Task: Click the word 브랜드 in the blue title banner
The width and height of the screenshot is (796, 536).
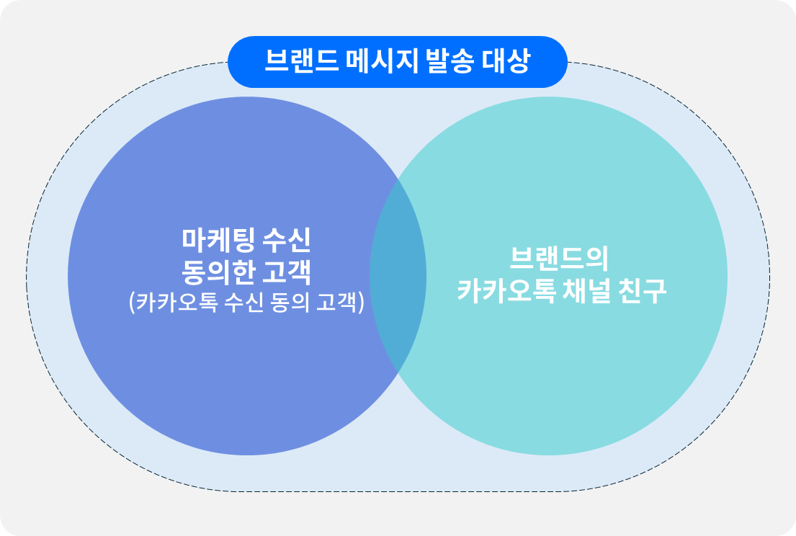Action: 302,61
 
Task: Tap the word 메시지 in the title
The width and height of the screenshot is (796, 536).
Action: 383,61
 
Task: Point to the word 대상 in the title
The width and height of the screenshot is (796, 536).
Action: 506,61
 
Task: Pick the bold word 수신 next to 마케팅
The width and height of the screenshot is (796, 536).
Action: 286,240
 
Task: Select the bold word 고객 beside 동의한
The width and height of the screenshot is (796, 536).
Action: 287,272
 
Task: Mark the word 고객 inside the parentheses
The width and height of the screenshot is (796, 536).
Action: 338,303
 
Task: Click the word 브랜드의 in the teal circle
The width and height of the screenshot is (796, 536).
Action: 559,259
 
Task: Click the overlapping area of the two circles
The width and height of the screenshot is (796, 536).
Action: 398,276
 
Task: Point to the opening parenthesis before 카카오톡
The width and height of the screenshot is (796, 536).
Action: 133,303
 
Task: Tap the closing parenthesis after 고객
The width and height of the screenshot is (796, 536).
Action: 362,303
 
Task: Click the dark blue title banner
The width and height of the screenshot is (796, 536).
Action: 398,61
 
